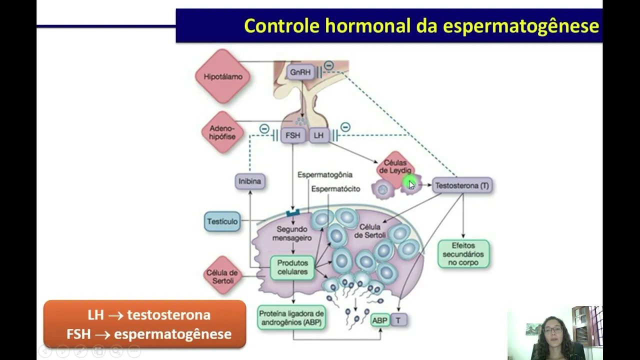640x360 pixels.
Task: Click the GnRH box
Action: [x=300, y=72]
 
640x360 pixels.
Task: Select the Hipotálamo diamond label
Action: [x=223, y=76]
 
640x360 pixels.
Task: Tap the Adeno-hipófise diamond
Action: [x=222, y=132]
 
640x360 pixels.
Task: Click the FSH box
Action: [x=293, y=135]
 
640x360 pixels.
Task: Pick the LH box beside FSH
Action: [x=318, y=135]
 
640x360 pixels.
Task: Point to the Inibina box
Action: [x=250, y=181]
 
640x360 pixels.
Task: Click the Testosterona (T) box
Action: [x=462, y=185]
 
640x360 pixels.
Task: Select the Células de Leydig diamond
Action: [x=395, y=169]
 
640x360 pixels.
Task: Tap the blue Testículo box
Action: [x=222, y=221]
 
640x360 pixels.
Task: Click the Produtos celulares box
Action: [x=292, y=267]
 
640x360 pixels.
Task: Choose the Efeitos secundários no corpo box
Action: [x=463, y=254]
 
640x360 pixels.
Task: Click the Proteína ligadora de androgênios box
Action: [x=291, y=317]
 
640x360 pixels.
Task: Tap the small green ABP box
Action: [x=379, y=320]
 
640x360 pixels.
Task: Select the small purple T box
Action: [x=398, y=320]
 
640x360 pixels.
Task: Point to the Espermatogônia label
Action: [x=325, y=174]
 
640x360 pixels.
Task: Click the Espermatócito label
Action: [x=335, y=189]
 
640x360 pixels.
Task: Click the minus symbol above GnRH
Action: [x=328, y=65]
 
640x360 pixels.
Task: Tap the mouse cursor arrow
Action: [x=411, y=185]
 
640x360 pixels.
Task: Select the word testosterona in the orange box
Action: [x=169, y=315]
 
